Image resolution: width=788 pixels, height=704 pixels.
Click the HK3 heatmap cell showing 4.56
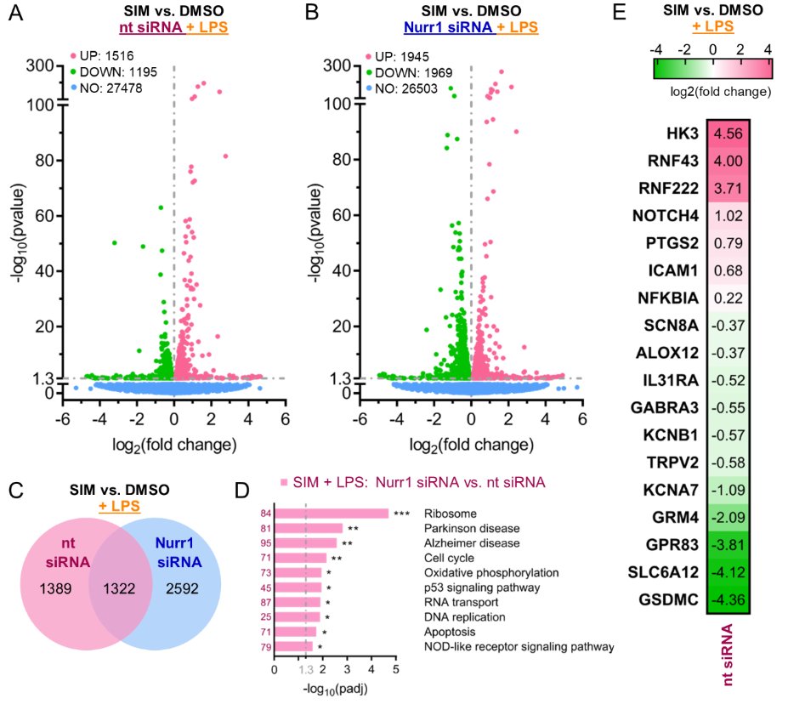click(x=727, y=134)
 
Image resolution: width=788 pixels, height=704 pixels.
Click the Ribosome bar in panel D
click(x=332, y=514)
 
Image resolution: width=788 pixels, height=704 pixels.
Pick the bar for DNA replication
click(x=297, y=616)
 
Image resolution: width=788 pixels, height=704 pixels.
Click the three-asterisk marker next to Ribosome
click(x=402, y=514)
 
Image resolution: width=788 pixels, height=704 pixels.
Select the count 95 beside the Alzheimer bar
click(x=267, y=543)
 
